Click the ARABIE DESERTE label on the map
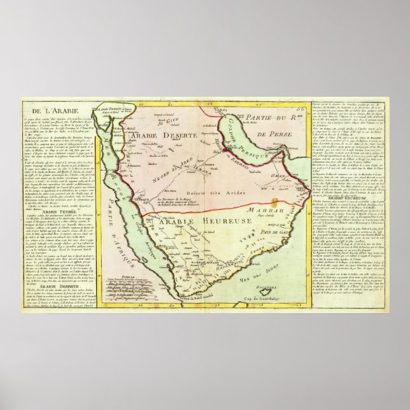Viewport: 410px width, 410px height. (x=155, y=136)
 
